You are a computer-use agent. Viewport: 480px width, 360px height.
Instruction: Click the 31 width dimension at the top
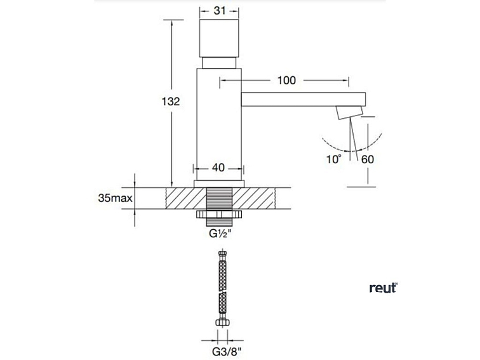pos(220,11)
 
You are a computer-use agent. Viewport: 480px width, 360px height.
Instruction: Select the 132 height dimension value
pos(171,102)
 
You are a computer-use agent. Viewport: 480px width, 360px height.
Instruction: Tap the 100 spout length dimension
pos(286,80)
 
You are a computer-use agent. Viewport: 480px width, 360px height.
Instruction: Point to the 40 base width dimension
pos(218,168)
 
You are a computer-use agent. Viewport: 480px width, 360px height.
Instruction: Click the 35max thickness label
pos(115,198)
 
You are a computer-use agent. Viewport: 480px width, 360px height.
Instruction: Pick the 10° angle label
pos(334,159)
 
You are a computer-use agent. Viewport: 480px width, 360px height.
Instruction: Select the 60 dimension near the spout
pos(368,159)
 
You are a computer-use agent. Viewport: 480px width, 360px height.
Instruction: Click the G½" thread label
pos(220,234)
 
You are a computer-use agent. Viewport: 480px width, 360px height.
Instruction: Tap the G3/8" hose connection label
pos(227,352)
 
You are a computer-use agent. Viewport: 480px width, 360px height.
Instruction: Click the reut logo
pos(383,288)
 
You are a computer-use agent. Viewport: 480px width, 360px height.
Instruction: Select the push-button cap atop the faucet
pos(219,38)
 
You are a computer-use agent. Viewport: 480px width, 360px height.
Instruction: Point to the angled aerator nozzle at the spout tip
pos(350,112)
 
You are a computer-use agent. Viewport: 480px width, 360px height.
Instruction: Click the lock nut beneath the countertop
pos(219,215)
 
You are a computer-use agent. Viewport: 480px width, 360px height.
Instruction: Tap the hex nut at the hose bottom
pos(223,323)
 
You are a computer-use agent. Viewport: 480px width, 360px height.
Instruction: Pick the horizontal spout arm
pos(303,99)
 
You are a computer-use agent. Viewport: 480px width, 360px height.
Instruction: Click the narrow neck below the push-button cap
pos(219,63)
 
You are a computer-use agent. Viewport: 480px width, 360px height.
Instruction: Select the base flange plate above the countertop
pos(219,183)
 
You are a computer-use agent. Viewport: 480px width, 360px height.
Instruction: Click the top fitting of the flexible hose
pos(223,256)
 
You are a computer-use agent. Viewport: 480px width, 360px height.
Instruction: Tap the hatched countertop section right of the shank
pos(253,198)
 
